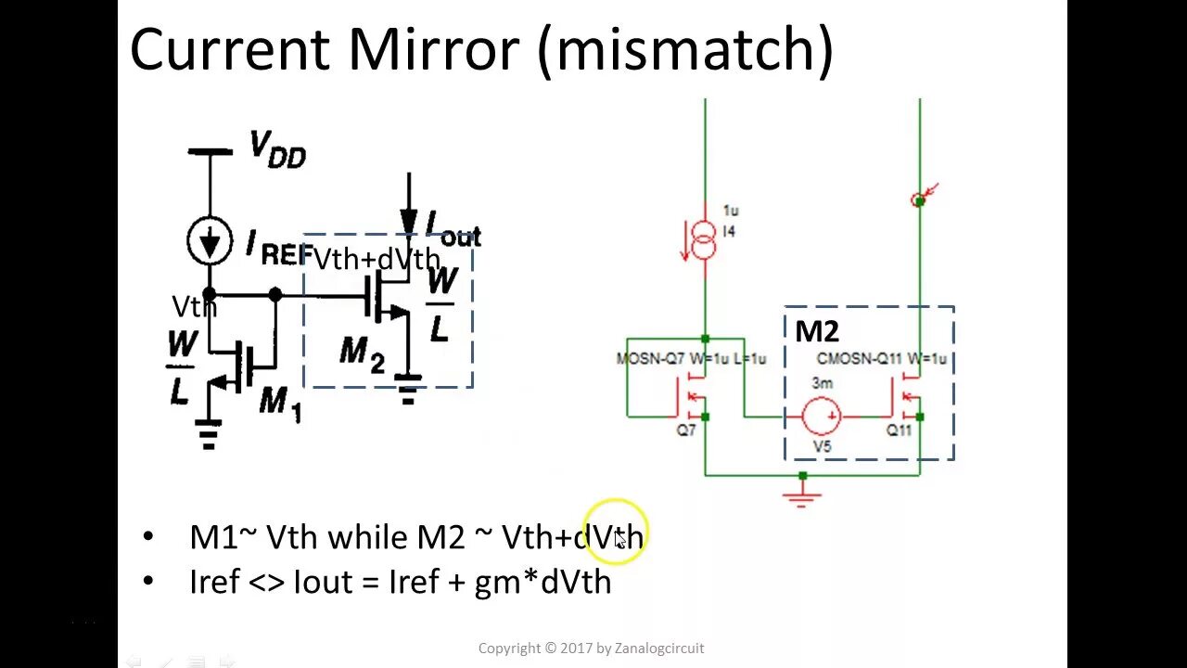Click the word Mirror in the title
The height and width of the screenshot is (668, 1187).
432,49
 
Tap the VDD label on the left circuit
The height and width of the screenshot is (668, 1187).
276,149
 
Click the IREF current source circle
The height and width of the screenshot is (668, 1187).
210,241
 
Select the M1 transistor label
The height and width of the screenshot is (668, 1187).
280,402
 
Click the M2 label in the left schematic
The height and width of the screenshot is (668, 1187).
362,353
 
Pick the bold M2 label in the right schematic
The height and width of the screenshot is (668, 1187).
816,331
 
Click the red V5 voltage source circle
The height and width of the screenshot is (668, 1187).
822,416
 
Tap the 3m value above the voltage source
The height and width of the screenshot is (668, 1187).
822,383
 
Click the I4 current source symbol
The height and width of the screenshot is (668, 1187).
705,241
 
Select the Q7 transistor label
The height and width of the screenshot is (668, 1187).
686,430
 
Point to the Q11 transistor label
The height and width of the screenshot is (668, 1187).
900,430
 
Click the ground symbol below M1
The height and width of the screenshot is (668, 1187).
208,434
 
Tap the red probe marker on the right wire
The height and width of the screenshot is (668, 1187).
920,199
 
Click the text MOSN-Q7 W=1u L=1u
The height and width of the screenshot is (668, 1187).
691,359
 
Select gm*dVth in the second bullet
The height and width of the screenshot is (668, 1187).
542,582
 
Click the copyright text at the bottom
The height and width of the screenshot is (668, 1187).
591,649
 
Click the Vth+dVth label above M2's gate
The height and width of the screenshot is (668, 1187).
377,260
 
